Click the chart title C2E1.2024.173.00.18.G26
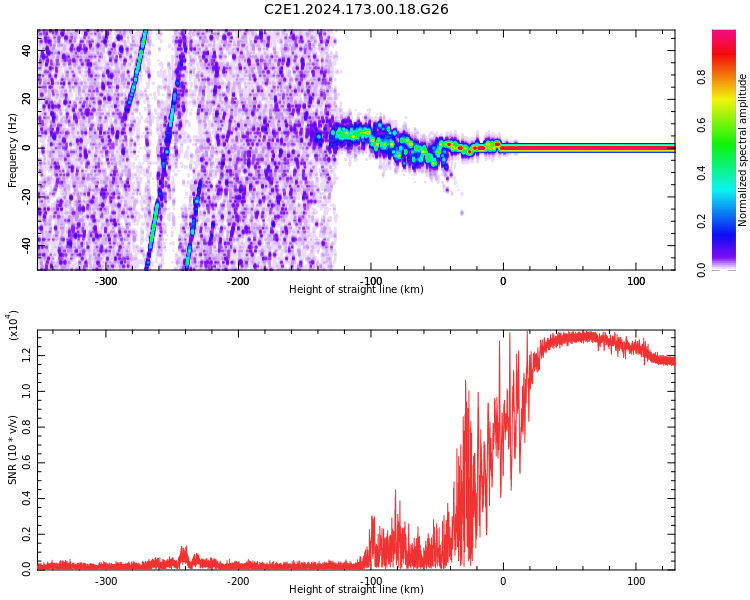(356, 10)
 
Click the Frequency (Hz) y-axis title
(13, 150)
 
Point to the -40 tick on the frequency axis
(25, 243)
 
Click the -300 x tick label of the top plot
(106, 281)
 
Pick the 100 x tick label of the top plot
(636, 281)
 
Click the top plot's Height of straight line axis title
(356, 290)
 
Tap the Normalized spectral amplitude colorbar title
(743, 150)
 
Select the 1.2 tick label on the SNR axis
(26, 354)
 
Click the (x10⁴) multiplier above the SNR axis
(14, 326)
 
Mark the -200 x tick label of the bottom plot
(238, 581)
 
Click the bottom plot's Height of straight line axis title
(356, 590)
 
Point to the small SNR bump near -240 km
(184, 553)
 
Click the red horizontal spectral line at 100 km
(636, 148)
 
